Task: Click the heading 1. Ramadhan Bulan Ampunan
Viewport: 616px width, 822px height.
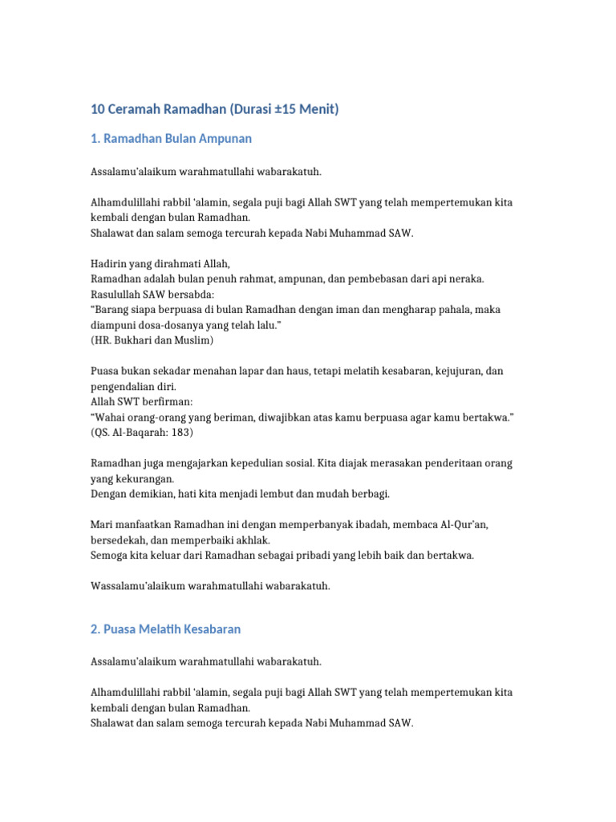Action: pyautogui.click(x=171, y=139)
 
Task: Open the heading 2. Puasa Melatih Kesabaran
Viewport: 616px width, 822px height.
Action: pyautogui.click(x=165, y=629)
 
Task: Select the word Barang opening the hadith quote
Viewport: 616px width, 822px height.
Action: pyautogui.click(x=116, y=310)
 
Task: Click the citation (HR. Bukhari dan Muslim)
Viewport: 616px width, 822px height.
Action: pyautogui.click(x=152, y=340)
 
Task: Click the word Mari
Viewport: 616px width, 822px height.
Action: pyautogui.click(x=100, y=524)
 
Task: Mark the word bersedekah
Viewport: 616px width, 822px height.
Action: pyautogui.click(x=120, y=539)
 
